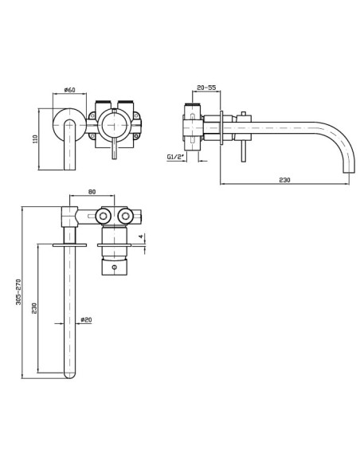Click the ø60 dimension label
point(69,89)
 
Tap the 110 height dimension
point(36,139)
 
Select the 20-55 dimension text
point(206,88)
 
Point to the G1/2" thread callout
point(175,157)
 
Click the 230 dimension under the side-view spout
point(284,180)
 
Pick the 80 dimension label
point(92,192)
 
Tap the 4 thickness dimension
point(141,236)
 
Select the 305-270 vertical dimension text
point(18,291)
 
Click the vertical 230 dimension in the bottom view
point(34,308)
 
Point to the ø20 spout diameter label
point(86,320)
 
